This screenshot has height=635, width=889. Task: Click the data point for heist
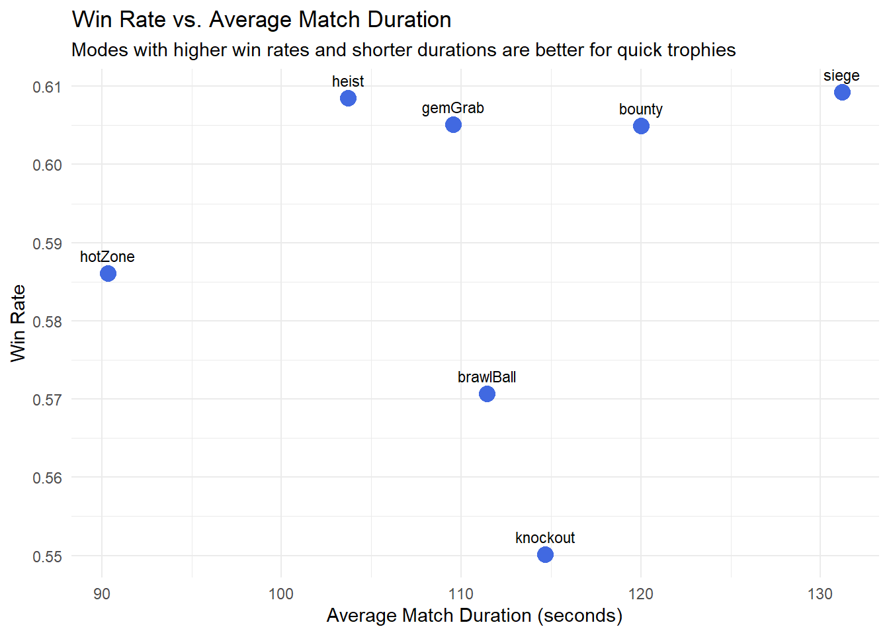348,99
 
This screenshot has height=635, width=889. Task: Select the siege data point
841,92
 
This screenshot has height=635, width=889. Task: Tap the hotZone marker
108,273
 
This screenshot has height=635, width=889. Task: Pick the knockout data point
545,554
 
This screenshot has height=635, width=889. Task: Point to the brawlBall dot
487,394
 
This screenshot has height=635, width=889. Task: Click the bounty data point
641,126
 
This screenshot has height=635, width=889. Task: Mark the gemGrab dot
453,124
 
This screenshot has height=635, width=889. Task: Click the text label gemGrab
453,108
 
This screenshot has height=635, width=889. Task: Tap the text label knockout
545,538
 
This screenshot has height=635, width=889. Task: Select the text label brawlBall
487,377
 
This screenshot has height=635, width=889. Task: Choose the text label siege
841,75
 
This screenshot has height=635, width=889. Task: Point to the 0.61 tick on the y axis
47,87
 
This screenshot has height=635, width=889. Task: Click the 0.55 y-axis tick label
47,556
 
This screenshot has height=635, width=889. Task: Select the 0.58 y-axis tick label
47,322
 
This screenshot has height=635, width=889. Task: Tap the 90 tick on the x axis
102,594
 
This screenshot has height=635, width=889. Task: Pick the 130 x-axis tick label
820,594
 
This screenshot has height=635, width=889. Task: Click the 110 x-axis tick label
461,594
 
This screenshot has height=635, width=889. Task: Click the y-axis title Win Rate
18,323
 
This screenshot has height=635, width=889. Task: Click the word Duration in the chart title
409,20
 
